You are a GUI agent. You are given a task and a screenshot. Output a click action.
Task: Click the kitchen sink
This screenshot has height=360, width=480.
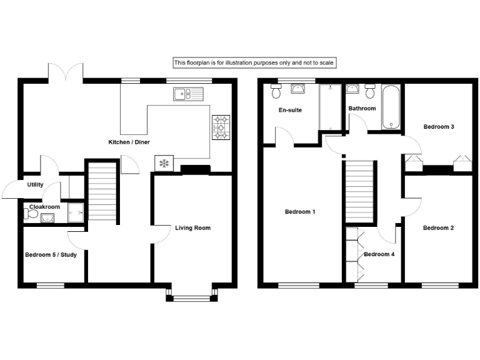coord(189,94)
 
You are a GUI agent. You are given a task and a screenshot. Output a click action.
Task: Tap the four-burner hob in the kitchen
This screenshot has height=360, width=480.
coord(221,127)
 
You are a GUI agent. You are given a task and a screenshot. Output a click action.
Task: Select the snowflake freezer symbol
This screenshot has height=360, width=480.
coord(164,164)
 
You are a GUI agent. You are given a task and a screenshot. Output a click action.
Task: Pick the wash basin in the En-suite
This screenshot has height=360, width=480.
coord(299,89)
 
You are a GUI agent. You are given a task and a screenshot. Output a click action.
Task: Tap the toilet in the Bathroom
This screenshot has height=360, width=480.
coord(371,92)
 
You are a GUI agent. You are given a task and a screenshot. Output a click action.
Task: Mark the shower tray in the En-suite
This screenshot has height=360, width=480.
coord(327,107)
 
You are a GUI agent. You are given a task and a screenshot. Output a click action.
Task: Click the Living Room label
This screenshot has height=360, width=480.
coord(192,228)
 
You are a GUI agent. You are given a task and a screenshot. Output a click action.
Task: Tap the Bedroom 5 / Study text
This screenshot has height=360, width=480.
coord(51,254)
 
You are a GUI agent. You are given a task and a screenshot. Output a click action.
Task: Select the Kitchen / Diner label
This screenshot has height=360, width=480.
coord(129,142)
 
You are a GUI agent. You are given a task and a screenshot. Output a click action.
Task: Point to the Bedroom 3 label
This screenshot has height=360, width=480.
coord(438,127)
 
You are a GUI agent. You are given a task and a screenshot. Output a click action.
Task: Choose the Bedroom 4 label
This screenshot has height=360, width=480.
coord(379,254)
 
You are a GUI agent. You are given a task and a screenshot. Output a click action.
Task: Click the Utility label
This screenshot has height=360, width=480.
coord(35,185)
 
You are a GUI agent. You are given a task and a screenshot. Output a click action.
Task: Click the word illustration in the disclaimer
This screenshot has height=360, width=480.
coord(251,62)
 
